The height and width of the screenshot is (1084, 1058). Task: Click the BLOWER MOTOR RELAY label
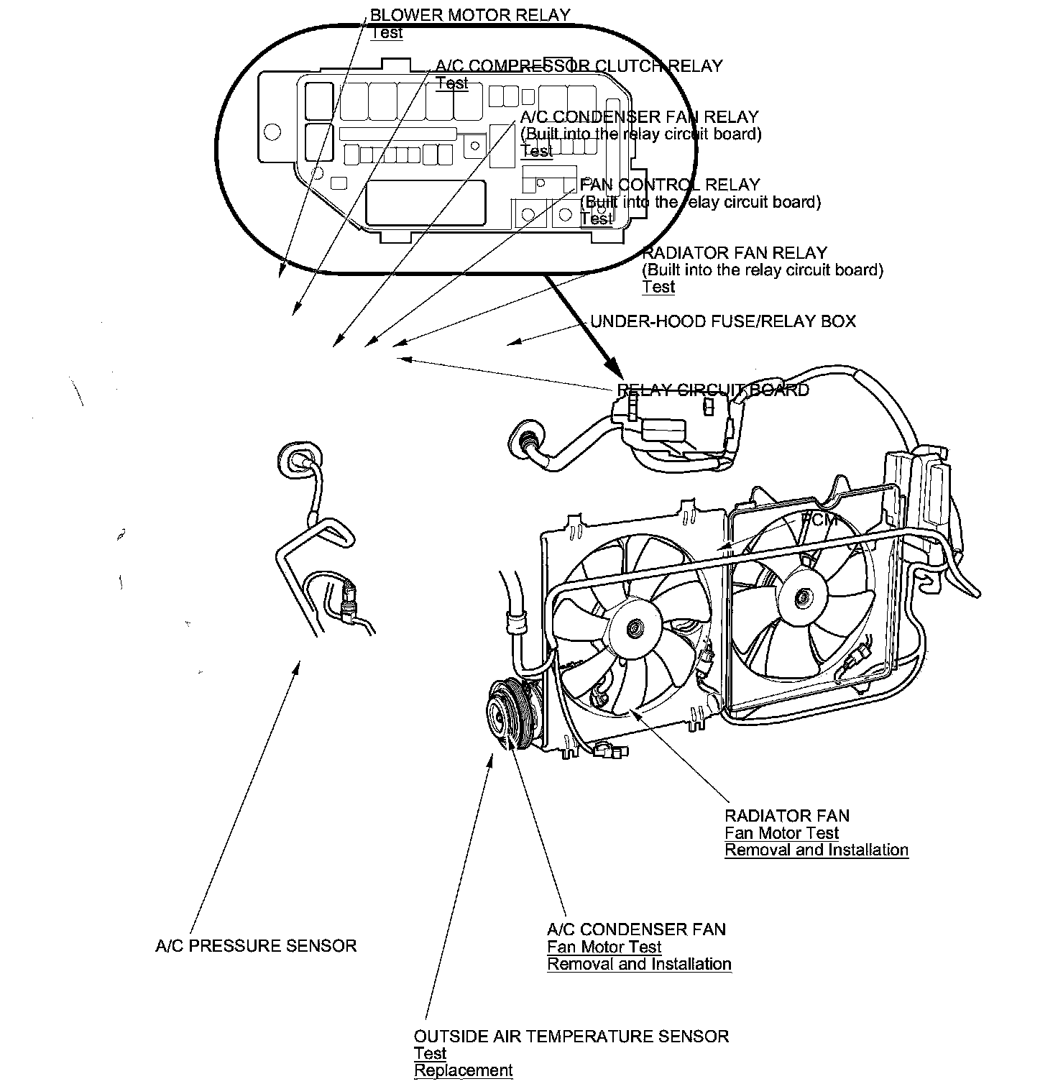tap(469, 15)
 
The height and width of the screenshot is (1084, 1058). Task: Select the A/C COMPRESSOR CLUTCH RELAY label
tap(579, 67)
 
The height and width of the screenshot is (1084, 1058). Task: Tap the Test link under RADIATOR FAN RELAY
tap(658, 287)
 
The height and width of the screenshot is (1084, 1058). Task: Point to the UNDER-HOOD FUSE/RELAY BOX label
tap(723, 321)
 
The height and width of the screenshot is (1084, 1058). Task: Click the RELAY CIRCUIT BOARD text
tap(713, 390)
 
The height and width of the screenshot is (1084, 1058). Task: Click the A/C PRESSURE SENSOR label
tap(256, 946)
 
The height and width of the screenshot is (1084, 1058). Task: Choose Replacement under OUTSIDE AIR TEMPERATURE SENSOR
tap(464, 1070)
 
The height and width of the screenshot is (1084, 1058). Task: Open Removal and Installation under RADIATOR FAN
tap(816, 850)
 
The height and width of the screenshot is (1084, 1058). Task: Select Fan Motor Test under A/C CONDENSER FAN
tap(604, 947)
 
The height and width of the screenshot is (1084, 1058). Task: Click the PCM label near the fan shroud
tap(819, 520)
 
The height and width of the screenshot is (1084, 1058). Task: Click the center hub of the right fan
tap(801, 596)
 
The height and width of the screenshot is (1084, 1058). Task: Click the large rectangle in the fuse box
tap(425, 203)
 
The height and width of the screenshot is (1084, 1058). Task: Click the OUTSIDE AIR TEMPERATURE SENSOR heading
tap(571, 1037)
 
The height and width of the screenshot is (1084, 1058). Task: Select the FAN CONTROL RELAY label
tap(670, 185)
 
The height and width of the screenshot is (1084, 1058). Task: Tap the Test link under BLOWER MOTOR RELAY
tap(387, 32)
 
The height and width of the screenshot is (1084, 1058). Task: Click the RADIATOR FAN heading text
tap(787, 816)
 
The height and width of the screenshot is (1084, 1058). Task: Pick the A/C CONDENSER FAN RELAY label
tap(639, 117)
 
